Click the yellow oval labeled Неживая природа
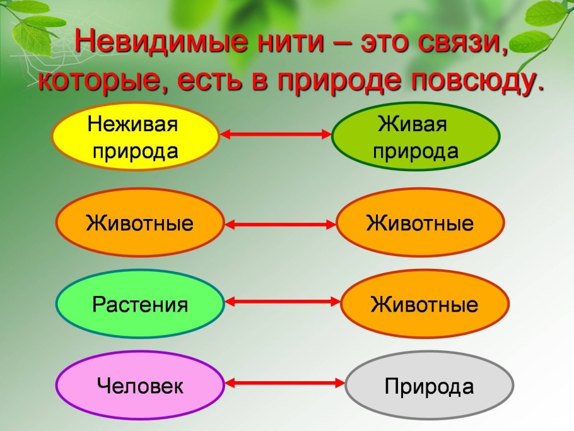[x=135, y=138]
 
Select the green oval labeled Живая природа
[x=416, y=138]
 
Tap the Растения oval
[x=140, y=305]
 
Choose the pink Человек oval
[x=140, y=386]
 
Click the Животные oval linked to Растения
[x=425, y=305]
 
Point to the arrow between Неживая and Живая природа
[x=275, y=134]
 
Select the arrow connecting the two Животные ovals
[x=280, y=224]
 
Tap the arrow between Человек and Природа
[x=285, y=383]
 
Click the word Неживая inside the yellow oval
[x=133, y=124]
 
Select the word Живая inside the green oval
[x=413, y=124]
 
